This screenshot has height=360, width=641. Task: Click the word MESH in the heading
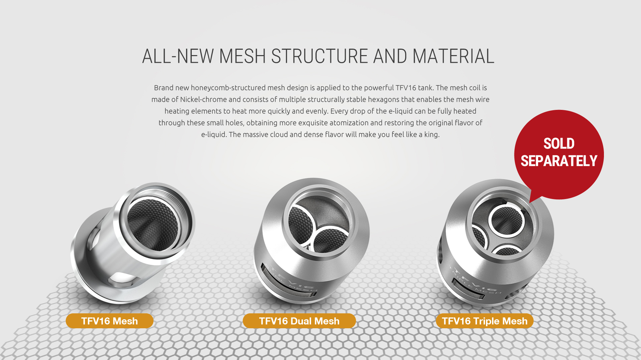tap(242, 56)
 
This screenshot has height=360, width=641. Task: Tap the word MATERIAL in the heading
tap(453, 56)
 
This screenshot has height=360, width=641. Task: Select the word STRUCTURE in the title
tap(319, 56)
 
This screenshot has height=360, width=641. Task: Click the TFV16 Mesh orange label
tap(110, 321)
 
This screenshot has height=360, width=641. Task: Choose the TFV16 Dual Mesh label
tap(299, 321)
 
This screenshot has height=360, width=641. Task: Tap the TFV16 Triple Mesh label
tap(484, 321)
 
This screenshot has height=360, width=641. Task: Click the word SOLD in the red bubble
tap(559, 144)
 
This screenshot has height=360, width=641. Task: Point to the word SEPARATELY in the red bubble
tap(559, 161)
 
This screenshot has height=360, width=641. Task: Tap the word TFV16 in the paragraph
tap(406, 88)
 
